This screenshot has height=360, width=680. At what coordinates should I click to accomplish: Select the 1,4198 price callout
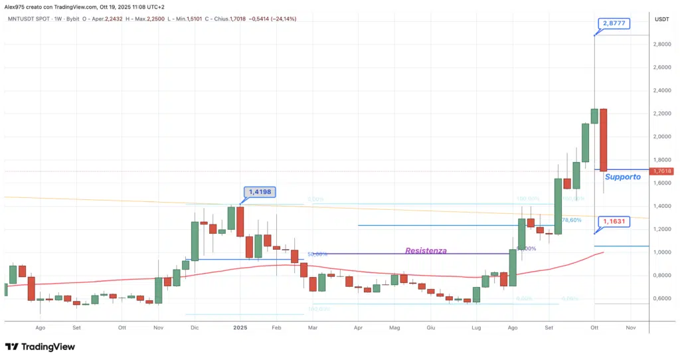coord(260,193)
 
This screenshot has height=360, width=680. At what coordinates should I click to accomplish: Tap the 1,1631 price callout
coord(612,222)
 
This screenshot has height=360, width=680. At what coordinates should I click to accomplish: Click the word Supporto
coord(623,177)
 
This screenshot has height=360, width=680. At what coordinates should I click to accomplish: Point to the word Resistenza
coord(426,251)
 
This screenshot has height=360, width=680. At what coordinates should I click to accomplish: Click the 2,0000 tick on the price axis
coord(662,137)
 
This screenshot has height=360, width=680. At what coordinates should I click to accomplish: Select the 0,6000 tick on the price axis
coord(662,298)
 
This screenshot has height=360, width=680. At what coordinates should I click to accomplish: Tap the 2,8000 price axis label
coord(662,45)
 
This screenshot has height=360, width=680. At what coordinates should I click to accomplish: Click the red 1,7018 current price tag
coord(663,171)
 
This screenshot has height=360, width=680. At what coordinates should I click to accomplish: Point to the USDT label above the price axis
coord(661,19)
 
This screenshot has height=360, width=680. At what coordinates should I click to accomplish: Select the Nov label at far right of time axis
coord(631,327)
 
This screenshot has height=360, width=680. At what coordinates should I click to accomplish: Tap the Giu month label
coord(430,327)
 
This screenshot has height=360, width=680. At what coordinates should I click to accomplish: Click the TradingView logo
coord(40,347)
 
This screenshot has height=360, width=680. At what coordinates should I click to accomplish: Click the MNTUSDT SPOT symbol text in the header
coord(28,19)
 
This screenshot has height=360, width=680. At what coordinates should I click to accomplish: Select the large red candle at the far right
coord(603,139)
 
